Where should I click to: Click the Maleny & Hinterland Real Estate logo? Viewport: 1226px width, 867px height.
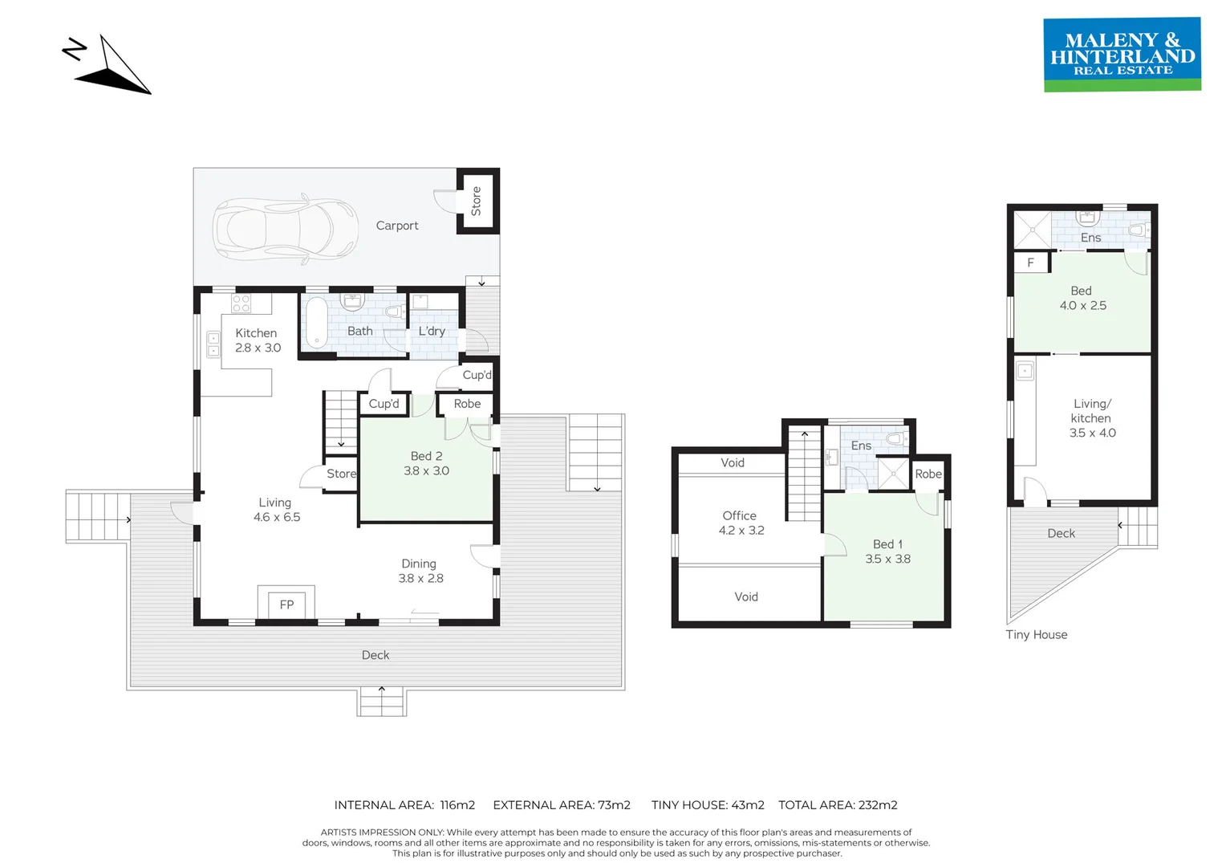pyautogui.click(x=1122, y=55)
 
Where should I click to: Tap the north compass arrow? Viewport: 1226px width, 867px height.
pyautogui.click(x=112, y=69)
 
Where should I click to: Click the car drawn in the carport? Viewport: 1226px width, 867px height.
pyautogui.click(x=285, y=228)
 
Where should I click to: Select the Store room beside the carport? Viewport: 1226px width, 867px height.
pyautogui.click(x=477, y=201)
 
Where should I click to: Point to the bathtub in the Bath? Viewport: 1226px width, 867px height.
pyautogui.click(x=317, y=323)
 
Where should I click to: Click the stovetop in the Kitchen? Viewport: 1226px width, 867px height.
pyautogui.click(x=241, y=303)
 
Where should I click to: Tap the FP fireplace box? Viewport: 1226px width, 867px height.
pyautogui.click(x=286, y=604)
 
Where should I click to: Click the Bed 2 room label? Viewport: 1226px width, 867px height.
pyautogui.click(x=426, y=463)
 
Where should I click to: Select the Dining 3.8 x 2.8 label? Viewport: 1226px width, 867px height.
pyautogui.click(x=420, y=571)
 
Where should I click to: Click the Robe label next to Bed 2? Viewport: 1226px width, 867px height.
pyautogui.click(x=467, y=404)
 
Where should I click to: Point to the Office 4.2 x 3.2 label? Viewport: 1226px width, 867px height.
pyautogui.click(x=741, y=523)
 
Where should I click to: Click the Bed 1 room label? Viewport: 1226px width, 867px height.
pyautogui.click(x=887, y=552)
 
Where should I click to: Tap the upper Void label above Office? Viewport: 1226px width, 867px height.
pyautogui.click(x=732, y=463)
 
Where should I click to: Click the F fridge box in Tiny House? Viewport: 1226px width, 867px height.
pyautogui.click(x=1031, y=263)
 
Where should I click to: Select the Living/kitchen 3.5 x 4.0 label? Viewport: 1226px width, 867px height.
pyautogui.click(x=1092, y=418)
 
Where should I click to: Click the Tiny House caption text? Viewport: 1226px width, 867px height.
pyautogui.click(x=1036, y=634)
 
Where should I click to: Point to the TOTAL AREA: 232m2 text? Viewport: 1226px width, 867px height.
pyautogui.click(x=837, y=804)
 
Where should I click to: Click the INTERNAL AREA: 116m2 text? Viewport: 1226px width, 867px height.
pyautogui.click(x=404, y=804)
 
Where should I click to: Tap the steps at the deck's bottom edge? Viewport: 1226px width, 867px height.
pyautogui.click(x=382, y=702)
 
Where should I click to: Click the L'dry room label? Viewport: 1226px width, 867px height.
pyautogui.click(x=432, y=331)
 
